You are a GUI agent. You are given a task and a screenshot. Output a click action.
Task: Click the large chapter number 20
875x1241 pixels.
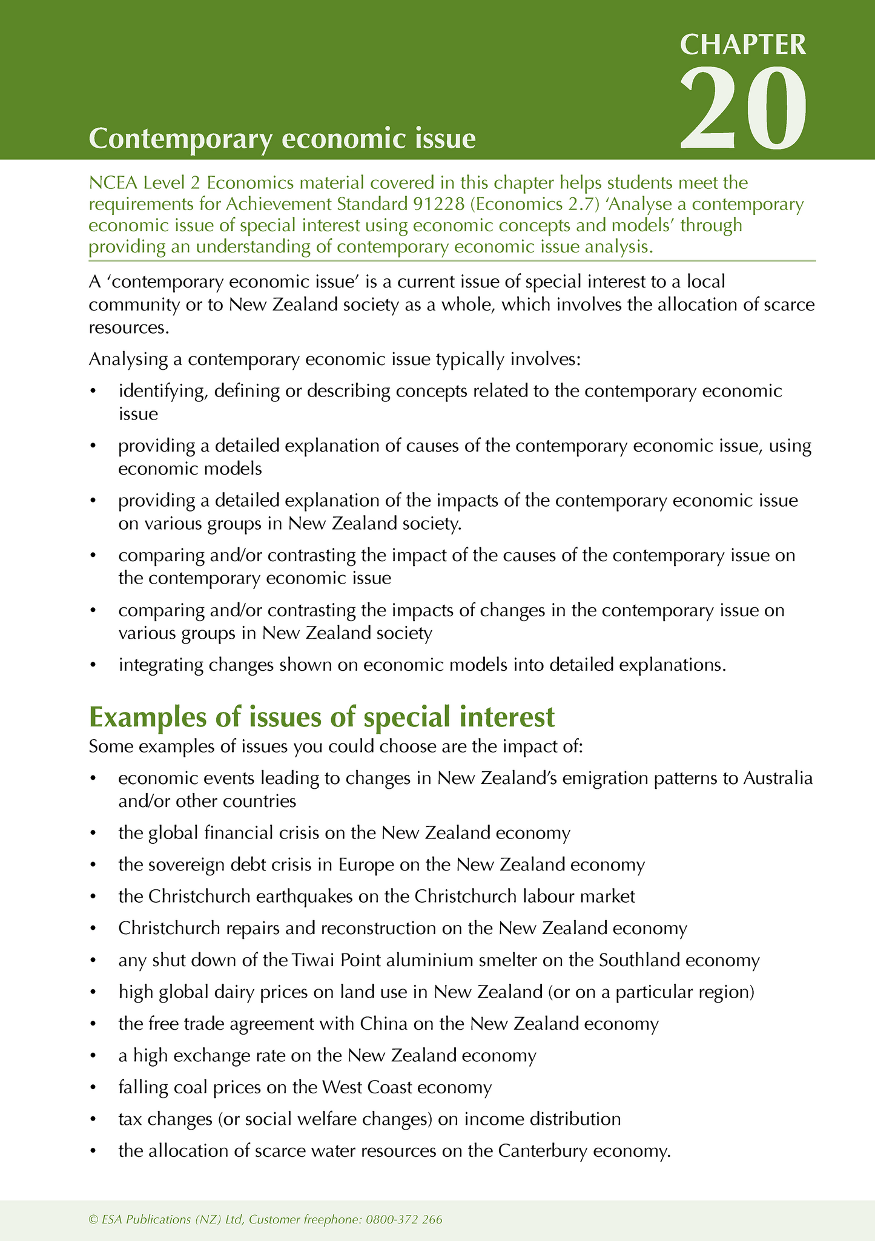click(x=743, y=108)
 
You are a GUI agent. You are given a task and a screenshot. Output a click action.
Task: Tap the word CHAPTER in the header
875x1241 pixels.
click(x=743, y=45)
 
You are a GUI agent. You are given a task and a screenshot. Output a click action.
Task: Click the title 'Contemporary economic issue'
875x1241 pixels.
click(x=282, y=139)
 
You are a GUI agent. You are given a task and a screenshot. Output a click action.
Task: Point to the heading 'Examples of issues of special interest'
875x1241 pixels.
click(x=322, y=717)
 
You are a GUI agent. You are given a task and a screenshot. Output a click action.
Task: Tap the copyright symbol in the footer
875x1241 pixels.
click(x=93, y=1219)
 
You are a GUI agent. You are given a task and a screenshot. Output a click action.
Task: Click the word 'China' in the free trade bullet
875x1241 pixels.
click(x=383, y=1024)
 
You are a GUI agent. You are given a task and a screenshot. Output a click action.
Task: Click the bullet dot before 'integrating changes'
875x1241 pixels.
click(x=93, y=665)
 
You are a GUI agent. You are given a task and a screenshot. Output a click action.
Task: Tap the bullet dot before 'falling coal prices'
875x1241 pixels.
click(x=93, y=1088)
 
